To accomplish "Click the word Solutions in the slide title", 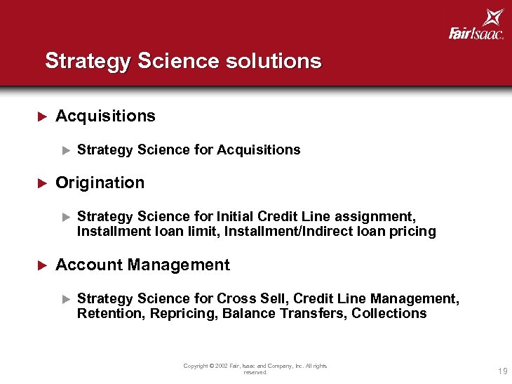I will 274,61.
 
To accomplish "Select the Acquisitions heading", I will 105,116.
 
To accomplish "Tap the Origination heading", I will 100,183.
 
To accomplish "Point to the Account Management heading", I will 142,265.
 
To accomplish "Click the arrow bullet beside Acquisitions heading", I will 41,116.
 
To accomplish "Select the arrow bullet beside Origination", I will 41,183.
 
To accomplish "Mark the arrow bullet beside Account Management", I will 41,265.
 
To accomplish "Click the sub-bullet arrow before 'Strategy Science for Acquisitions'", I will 66,150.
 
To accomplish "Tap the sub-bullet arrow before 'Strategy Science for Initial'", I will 66,217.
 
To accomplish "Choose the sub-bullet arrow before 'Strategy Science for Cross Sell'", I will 66,299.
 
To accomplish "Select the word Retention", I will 110,314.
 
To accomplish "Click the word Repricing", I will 183,314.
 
